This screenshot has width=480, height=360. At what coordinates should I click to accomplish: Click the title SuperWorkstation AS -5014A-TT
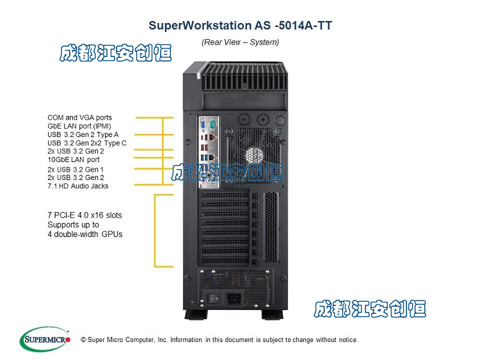pos(240,26)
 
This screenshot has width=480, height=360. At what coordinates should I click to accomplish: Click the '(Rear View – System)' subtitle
pos(240,42)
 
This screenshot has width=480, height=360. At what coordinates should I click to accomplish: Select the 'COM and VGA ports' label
pos(79,118)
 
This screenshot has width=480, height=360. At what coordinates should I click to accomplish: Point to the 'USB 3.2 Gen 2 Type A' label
pos(83,135)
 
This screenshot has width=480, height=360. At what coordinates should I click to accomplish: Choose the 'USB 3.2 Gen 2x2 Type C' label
pos(87,143)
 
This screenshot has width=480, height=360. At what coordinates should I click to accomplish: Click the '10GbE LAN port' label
pos(74,160)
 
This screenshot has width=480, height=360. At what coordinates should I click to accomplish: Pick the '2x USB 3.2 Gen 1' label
pos(76,169)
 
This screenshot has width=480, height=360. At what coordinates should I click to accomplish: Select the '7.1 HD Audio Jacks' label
pos(78,186)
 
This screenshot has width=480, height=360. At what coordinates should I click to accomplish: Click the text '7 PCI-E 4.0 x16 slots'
pos(84,215)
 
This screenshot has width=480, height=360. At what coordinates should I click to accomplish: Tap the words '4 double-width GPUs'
pos(84,234)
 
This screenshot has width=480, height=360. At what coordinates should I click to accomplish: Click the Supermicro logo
pos(45,340)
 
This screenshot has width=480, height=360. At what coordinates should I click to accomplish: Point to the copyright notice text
pos(220,340)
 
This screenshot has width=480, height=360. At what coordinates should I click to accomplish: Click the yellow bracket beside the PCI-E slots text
pos(156,231)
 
